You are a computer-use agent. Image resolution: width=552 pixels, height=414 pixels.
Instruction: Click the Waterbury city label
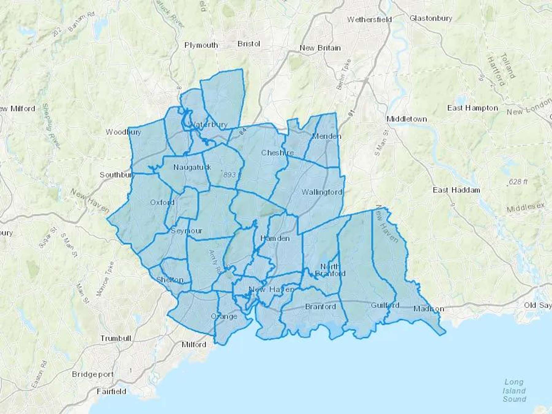[209, 125]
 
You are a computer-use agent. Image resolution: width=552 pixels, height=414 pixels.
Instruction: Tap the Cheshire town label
[277, 152]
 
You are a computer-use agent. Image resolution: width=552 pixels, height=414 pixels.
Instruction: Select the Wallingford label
[322, 192]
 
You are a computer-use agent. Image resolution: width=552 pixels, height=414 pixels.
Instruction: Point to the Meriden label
[327, 136]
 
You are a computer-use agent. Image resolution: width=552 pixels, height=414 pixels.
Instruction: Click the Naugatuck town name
[192, 167]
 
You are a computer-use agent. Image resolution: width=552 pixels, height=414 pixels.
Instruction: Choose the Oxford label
[162, 202]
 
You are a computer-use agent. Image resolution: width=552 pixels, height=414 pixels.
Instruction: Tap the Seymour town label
[186, 231]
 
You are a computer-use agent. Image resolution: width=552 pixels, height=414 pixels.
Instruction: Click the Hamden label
[274, 238]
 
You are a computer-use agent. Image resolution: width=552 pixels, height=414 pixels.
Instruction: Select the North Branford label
[330, 270]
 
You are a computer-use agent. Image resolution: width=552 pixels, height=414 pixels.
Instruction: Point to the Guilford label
[385, 305]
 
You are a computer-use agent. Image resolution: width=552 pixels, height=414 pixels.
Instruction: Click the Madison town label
[428, 309]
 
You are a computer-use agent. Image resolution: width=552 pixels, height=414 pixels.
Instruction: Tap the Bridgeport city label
[93, 374]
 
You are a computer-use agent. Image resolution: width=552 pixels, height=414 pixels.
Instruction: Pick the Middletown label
[407, 119]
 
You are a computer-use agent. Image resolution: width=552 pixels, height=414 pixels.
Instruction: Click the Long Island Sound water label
[514, 390]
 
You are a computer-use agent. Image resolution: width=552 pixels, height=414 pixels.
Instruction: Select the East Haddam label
[456, 190]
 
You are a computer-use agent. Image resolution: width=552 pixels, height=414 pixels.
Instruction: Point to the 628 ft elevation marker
[518, 182]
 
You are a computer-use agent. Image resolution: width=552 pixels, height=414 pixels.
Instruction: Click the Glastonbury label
[431, 18]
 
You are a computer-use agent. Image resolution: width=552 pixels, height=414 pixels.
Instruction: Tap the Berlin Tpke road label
[343, 75]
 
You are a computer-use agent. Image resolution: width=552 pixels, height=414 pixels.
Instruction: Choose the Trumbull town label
[116, 338]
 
